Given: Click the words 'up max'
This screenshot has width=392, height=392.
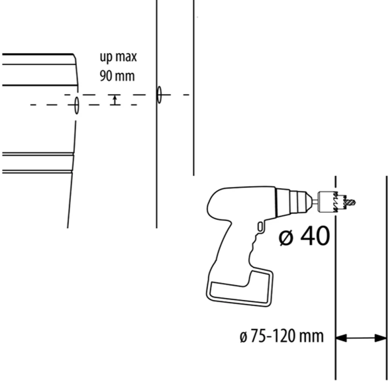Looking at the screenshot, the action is [118, 57].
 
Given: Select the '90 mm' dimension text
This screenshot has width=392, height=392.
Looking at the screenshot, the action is [117, 76].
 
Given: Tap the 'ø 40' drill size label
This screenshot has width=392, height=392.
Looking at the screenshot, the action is [304, 236].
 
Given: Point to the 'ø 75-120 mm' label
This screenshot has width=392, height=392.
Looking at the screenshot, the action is [282, 336].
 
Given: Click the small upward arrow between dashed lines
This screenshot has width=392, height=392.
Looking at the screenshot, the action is [115, 100].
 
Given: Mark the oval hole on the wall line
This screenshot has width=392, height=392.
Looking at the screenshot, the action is [159, 95].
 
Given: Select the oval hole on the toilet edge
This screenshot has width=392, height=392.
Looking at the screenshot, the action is [77, 105].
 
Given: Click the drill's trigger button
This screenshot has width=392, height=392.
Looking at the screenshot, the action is [260, 226].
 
